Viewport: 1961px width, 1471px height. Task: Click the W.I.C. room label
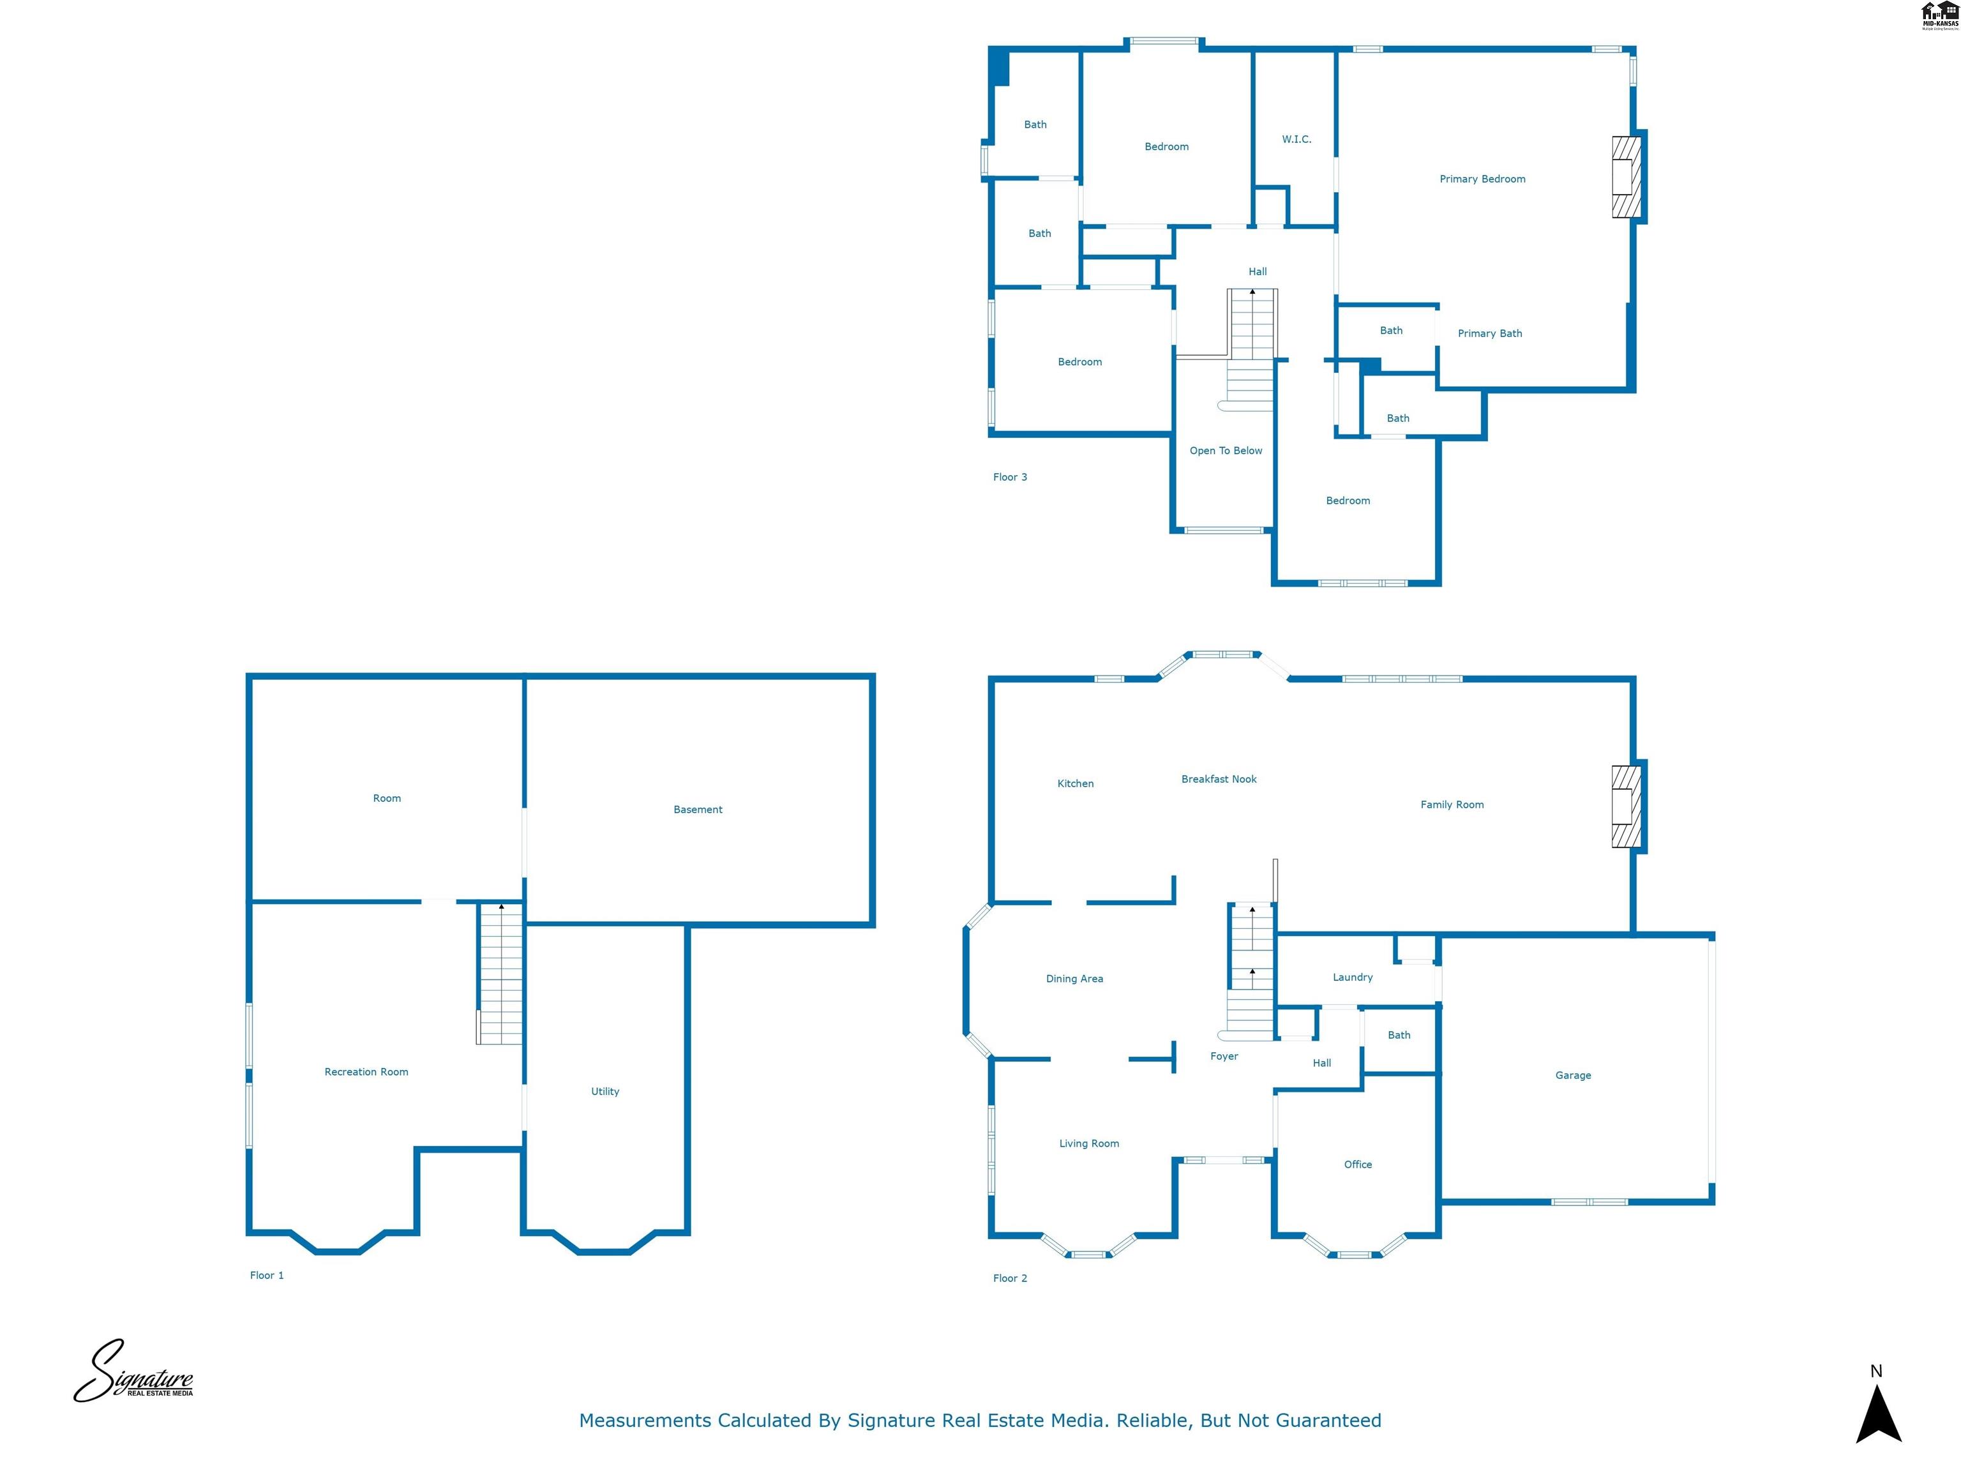click(x=1295, y=139)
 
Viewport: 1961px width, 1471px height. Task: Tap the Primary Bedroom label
click(x=1482, y=179)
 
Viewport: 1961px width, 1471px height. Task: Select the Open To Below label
click(x=1225, y=451)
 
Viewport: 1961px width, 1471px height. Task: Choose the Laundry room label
click(x=1352, y=977)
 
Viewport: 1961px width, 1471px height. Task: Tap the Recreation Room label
click(x=366, y=1072)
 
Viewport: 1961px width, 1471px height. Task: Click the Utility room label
click(x=605, y=1092)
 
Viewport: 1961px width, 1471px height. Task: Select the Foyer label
click(x=1224, y=1056)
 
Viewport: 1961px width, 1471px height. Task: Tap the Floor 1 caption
click(x=266, y=1275)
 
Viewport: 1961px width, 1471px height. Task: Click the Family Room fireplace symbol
click(x=1625, y=807)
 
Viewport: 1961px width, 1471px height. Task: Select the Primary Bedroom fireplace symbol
click(x=1625, y=176)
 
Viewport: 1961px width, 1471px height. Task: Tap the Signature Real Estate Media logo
click(x=133, y=1373)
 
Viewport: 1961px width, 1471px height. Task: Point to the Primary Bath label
click(x=1489, y=333)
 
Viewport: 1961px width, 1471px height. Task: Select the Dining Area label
click(x=1074, y=979)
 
